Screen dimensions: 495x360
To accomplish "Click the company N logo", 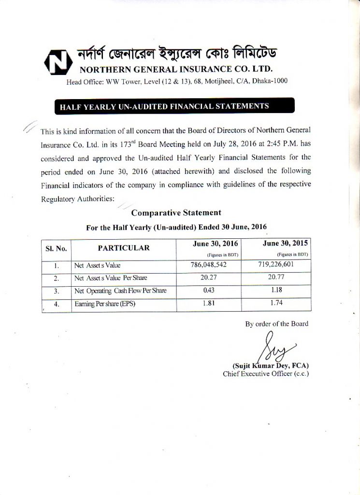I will [57, 62].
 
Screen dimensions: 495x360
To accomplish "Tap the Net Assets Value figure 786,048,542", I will [208, 265].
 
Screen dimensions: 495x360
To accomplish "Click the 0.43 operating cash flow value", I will [209, 291].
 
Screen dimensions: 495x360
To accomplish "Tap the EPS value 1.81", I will [209, 304].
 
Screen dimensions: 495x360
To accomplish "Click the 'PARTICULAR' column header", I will [124, 248].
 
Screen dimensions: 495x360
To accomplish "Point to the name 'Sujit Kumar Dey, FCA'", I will [271, 365].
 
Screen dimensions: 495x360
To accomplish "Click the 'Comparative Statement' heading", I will [176, 212].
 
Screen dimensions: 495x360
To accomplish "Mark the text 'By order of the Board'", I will [276, 324].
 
